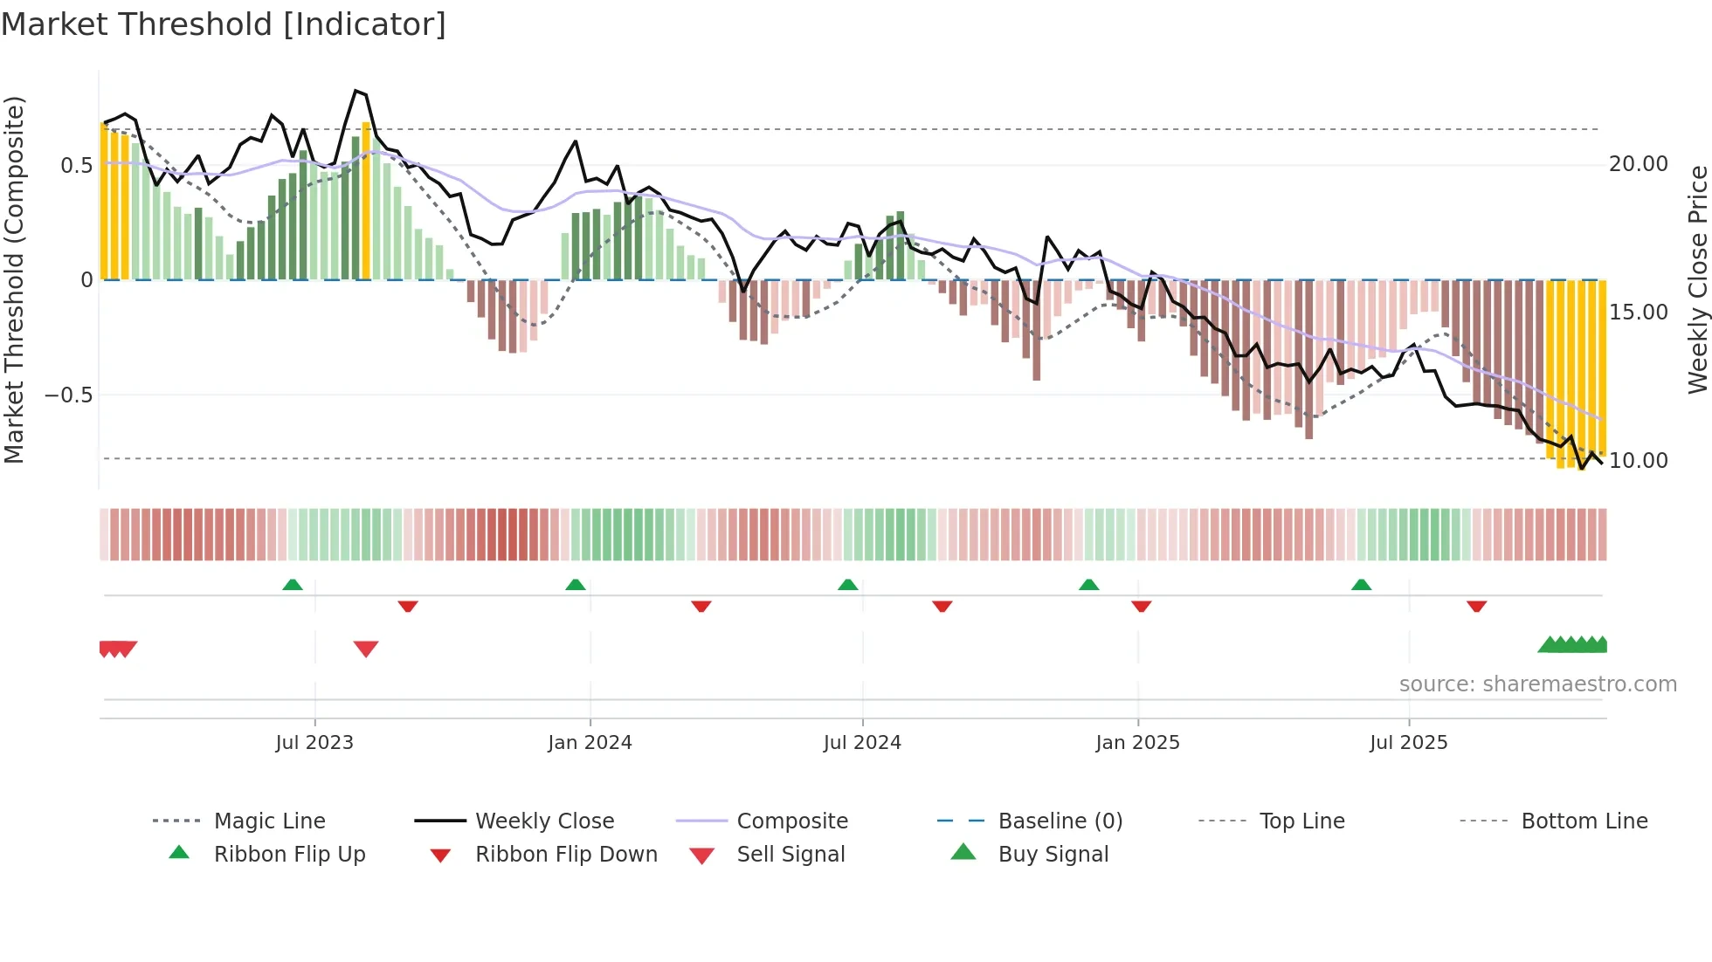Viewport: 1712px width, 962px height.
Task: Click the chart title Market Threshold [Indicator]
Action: [x=224, y=24]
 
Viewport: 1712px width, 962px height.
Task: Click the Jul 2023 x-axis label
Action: [x=314, y=743]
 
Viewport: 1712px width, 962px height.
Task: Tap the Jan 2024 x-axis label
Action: [x=590, y=743]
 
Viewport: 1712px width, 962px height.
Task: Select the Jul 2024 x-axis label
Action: [x=862, y=743]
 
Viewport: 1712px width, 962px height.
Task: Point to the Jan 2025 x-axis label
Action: [x=1137, y=743]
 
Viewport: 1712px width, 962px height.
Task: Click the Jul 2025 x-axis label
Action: [x=1408, y=743]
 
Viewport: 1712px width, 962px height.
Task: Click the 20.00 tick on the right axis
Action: [x=1638, y=164]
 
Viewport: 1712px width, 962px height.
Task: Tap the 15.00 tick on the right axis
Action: [x=1638, y=313]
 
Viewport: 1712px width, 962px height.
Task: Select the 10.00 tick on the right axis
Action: [x=1638, y=461]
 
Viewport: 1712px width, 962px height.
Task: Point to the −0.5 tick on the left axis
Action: [x=68, y=395]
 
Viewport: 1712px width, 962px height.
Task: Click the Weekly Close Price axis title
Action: [x=1697, y=279]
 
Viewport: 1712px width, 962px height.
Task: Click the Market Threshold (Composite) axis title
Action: [x=14, y=279]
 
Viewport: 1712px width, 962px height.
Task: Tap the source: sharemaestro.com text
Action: [x=1537, y=684]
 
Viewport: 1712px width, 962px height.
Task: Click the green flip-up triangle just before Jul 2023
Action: [x=293, y=585]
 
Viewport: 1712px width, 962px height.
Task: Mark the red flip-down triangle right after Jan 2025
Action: [x=1141, y=606]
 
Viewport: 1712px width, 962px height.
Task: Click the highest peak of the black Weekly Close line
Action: [x=356, y=91]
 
